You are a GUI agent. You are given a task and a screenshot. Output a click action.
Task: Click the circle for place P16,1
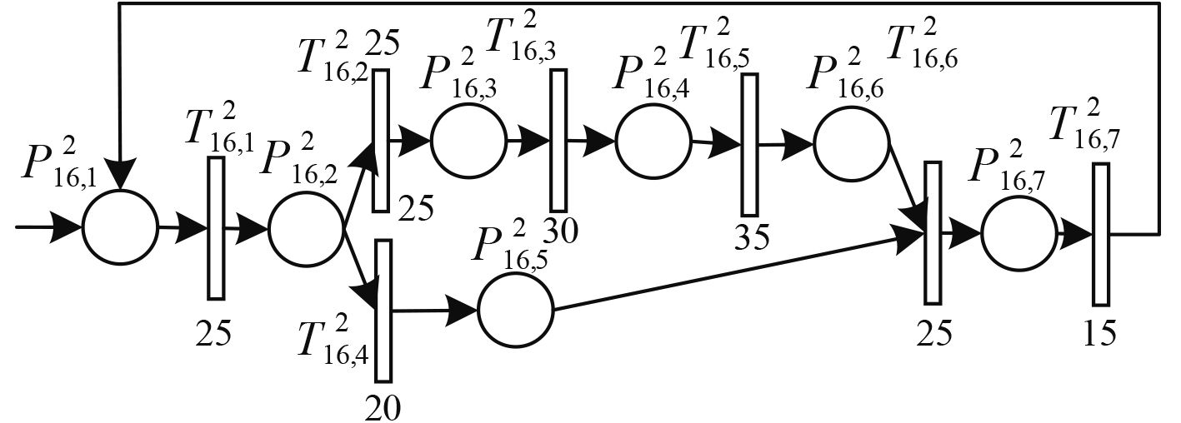point(120,226)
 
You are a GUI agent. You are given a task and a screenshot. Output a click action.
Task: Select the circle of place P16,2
point(306,227)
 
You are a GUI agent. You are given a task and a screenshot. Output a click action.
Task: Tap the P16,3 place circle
point(468,142)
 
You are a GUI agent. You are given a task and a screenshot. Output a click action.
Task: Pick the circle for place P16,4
point(653,142)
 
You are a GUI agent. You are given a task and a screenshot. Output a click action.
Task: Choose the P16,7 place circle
point(1018,234)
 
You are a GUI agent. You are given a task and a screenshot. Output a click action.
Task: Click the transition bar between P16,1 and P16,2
point(216,227)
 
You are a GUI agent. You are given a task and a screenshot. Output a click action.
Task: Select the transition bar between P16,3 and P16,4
point(558,140)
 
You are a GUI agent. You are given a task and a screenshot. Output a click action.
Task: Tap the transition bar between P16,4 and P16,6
point(749,145)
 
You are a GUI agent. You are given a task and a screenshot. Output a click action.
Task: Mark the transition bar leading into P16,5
point(383,309)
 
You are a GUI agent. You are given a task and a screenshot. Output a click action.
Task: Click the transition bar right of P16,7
point(1102,234)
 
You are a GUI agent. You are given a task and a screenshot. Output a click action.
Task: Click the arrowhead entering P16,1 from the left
point(68,226)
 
